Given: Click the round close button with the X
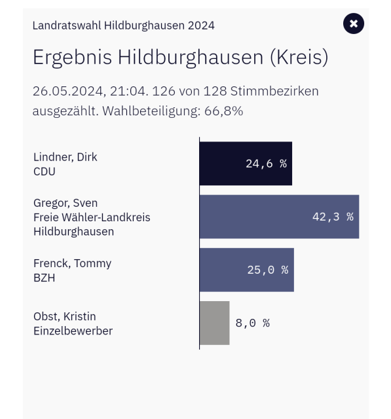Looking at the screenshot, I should (x=354, y=24).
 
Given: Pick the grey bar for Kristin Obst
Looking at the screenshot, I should (x=215, y=323).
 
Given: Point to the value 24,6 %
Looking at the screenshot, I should (x=266, y=164).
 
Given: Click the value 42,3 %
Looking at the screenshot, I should (x=333, y=217).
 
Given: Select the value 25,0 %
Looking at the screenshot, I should (x=267, y=270).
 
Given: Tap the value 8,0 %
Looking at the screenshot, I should (x=253, y=323).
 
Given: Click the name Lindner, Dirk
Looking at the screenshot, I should (x=65, y=157).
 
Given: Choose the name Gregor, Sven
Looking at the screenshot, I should (x=65, y=203).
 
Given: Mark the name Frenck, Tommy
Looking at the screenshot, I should (x=72, y=263).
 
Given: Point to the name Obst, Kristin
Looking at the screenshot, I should (x=64, y=317).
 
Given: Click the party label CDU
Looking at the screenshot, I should (x=45, y=172).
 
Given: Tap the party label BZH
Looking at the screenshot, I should (x=44, y=278).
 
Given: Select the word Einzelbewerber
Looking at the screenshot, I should (x=73, y=331).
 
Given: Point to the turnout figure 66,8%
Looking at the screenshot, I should (x=223, y=111).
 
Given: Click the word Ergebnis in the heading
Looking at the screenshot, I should (x=73, y=58).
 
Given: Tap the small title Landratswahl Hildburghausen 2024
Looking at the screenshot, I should (x=124, y=26).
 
